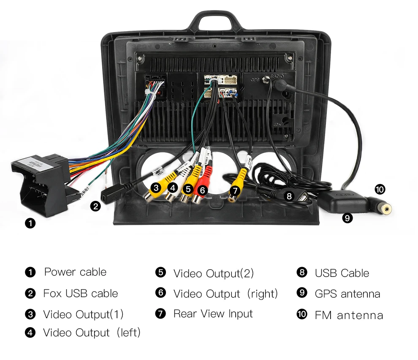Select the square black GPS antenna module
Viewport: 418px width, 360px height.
(346, 202)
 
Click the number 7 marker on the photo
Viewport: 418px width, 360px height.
(236, 191)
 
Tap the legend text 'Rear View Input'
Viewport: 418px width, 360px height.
(213, 314)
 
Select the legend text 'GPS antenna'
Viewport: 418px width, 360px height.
(347, 294)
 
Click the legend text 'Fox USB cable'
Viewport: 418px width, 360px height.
(80, 294)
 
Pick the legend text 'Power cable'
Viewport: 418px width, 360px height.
(75, 272)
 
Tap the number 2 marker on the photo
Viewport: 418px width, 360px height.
(96, 206)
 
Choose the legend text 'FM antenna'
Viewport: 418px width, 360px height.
(349, 315)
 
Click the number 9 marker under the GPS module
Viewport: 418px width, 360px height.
(347, 218)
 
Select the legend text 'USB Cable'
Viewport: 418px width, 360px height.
(342, 273)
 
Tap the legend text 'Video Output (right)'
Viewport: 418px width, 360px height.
(225, 294)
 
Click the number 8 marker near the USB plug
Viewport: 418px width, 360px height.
(289, 196)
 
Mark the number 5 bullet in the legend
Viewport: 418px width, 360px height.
(160, 273)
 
